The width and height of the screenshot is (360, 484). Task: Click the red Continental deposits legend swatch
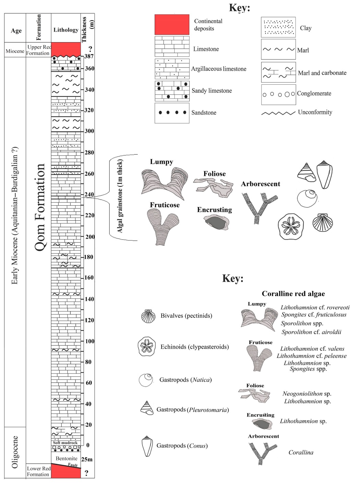tap(172, 25)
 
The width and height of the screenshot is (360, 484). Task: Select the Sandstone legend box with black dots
tap(172, 113)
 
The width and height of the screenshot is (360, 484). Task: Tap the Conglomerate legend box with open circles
tap(278, 94)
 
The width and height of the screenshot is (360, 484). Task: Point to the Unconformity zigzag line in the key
tap(278, 113)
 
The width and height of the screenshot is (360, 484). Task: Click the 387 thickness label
tap(89, 56)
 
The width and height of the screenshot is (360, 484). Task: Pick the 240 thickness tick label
tap(89, 194)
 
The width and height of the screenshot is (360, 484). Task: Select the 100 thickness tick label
tap(89, 341)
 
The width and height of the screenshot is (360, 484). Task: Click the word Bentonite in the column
tap(67, 458)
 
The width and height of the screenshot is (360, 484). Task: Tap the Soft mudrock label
tap(65, 443)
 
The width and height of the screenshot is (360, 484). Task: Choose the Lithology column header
tap(66, 30)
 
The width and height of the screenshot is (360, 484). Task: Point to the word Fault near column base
tap(73, 465)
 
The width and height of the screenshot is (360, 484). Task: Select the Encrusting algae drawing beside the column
tap(216, 222)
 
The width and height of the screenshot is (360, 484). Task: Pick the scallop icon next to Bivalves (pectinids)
tap(148, 316)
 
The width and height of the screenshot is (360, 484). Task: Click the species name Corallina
tap(301, 452)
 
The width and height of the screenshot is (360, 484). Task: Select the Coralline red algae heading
tap(293, 294)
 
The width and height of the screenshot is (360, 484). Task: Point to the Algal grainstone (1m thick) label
tap(120, 196)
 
